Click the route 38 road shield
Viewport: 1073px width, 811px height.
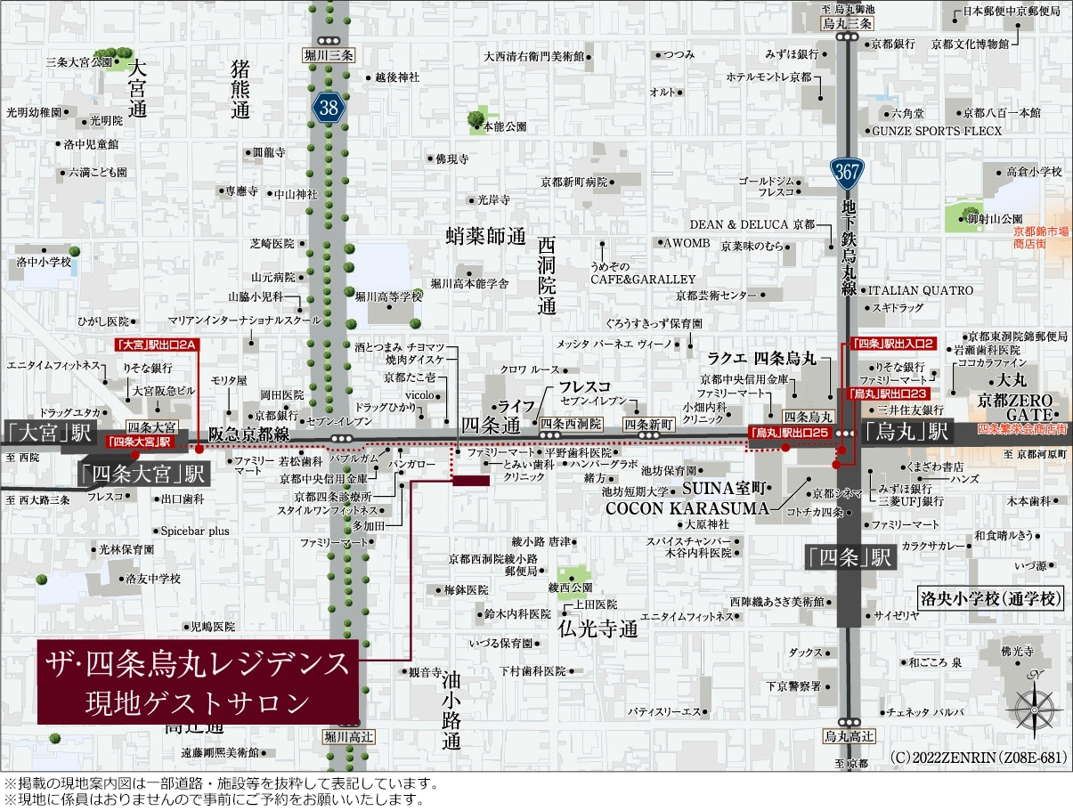click(329, 109)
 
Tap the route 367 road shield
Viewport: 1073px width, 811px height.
click(846, 171)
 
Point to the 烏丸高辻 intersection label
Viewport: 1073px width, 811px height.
click(849, 736)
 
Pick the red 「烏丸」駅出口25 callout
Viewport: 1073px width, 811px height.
click(788, 433)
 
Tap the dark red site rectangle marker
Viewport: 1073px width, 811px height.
click(471, 481)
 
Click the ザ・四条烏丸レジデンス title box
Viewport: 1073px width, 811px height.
click(198, 681)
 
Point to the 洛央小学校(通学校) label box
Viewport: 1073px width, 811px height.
click(991, 599)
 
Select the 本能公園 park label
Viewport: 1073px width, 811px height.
click(503, 127)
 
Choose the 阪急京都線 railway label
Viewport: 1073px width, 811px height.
click(249, 434)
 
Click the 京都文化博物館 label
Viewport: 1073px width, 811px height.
click(970, 43)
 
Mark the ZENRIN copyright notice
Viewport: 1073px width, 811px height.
click(978, 758)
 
